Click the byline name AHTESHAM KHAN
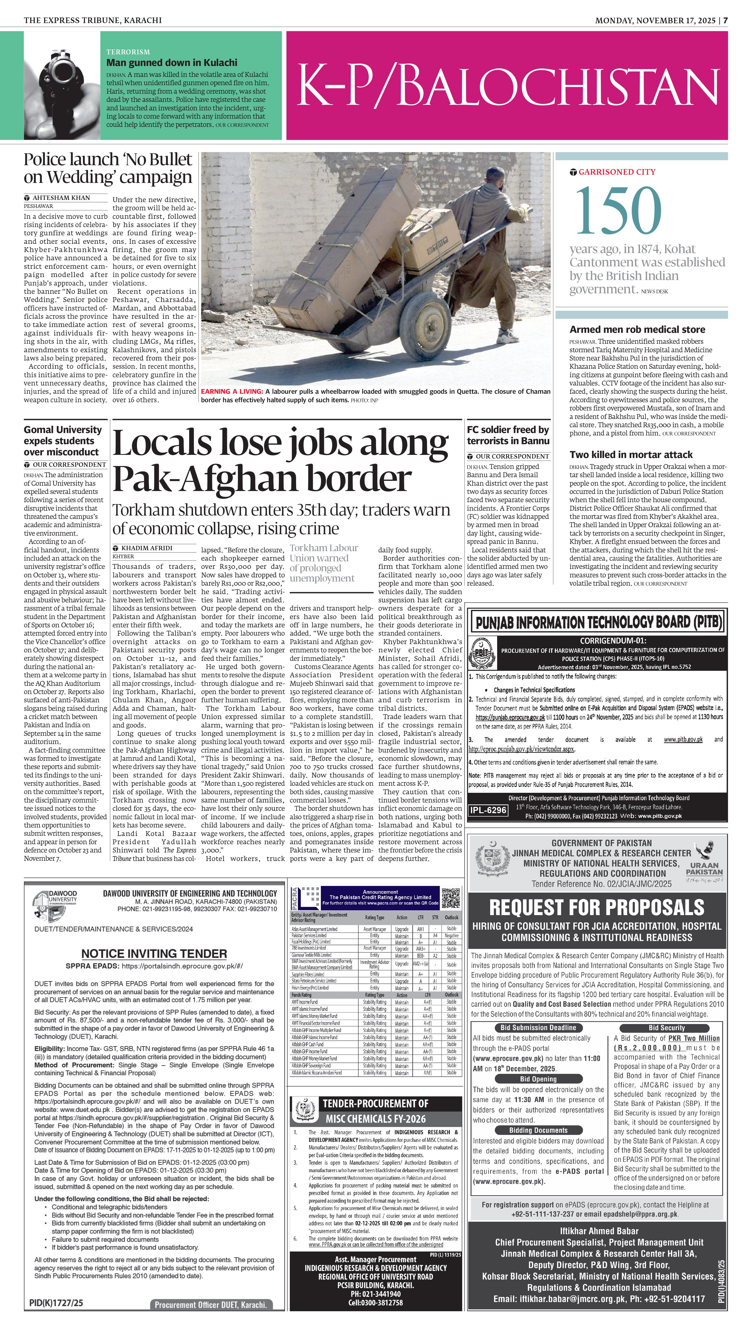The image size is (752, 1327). pos(61,198)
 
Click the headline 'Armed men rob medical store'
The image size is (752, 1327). pos(637,329)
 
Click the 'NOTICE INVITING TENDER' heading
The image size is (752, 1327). pos(154,954)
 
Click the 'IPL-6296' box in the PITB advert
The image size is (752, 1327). pos(488,810)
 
